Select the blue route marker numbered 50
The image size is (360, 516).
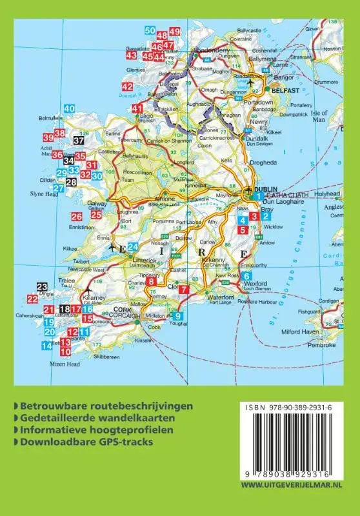pos(150,31)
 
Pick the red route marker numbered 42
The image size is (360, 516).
pos(127,86)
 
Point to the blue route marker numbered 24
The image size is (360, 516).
pos(132,246)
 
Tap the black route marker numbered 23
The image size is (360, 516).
pos(42,287)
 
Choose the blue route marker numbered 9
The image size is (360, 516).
pos(179,315)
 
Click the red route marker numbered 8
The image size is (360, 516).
pos(151,281)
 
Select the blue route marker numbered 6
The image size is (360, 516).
pos(246,277)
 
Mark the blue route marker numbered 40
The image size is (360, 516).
pos(69,109)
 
